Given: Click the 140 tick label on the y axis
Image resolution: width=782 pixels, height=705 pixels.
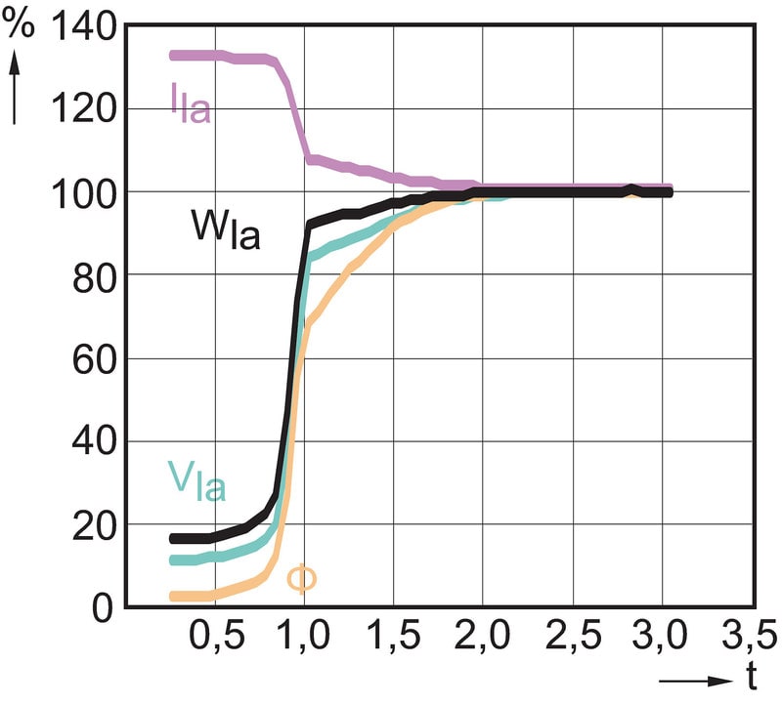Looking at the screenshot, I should [x=88, y=27].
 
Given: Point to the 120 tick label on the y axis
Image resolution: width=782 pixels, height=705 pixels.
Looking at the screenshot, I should [x=88, y=108].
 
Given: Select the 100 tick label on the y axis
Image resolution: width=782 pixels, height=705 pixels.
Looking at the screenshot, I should [x=88, y=191].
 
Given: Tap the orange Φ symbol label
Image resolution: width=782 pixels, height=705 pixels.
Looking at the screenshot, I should [x=301, y=578].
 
